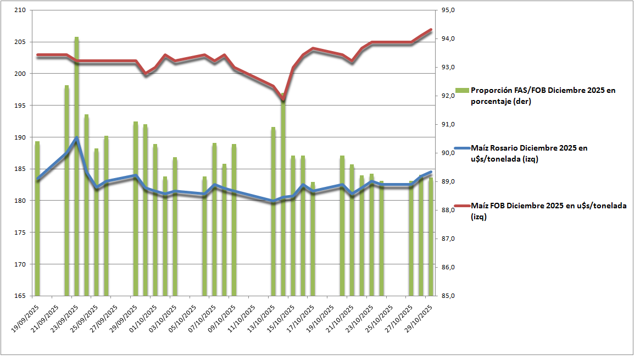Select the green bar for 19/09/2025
point(37,220)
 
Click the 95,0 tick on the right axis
point(449,10)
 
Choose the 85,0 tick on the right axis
point(449,296)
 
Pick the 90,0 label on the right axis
point(449,153)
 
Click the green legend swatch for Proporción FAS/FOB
point(462,90)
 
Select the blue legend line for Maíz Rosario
point(462,148)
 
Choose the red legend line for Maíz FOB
point(462,206)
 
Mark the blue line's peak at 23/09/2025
point(77,138)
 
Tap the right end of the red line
point(431,30)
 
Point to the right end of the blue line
point(431,172)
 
